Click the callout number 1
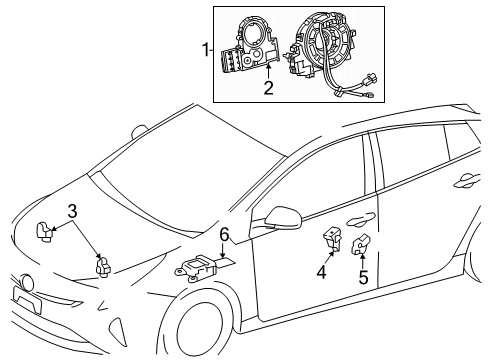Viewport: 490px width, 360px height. (206, 49)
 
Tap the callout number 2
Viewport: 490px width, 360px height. (267, 88)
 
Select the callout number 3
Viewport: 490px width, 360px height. (73, 211)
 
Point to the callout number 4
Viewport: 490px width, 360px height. (322, 271)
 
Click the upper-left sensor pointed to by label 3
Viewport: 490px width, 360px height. (45, 231)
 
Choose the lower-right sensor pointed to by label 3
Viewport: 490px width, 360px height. (102, 266)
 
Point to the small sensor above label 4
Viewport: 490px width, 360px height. (331, 241)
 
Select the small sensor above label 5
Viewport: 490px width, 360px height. (364, 243)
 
